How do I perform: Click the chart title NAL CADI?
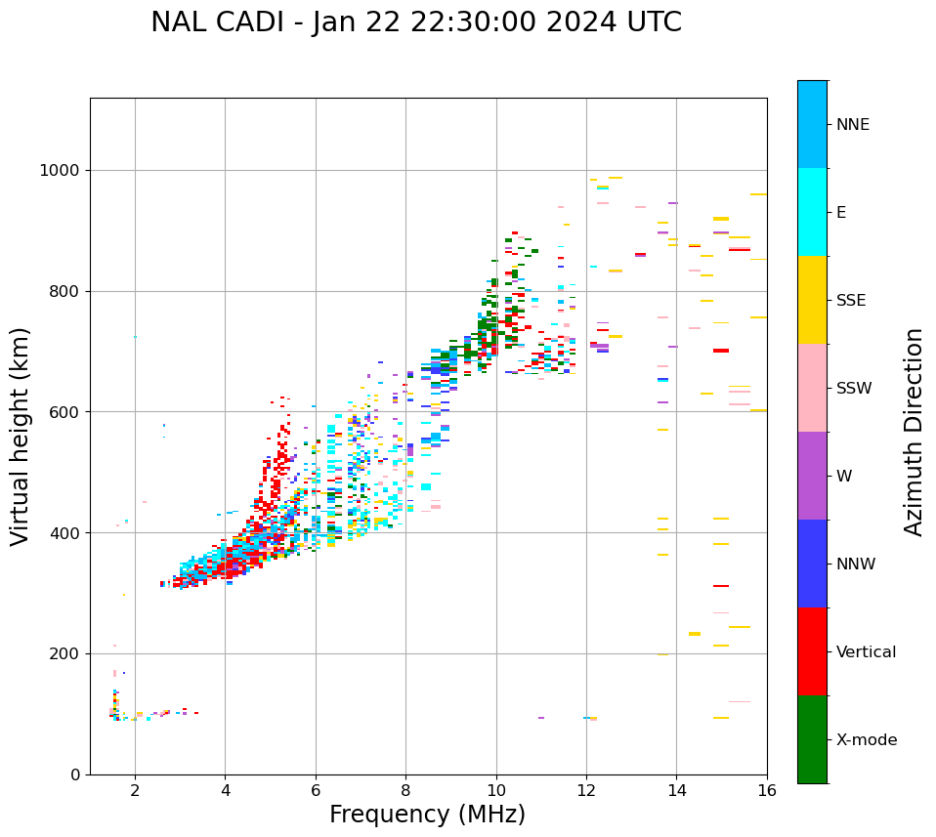click(x=415, y=22)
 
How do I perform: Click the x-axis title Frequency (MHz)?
click(x=427, y=815)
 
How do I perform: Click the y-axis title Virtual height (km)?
click(x=21, y=437)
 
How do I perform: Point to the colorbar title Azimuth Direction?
click(x=914, y=432)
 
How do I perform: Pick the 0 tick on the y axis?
click(x=76, y=774)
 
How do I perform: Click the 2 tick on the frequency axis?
click(x=135, y=789)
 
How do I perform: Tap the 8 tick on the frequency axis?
click(x=405, y=789)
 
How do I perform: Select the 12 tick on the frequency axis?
click(x=586, y=789)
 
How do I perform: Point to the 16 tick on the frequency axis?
click(x=767, y=789)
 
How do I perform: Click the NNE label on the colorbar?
click(x=853, y=125)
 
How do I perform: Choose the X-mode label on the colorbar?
click(x=867, y=740)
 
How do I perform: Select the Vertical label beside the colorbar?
click(x=866, y=652)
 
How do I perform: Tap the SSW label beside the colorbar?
click(x=854, y=389)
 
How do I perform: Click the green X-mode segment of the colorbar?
click(x=812, y=739)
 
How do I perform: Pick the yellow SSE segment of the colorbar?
click(x=812, y=300)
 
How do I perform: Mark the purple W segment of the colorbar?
click(x=812, y=476)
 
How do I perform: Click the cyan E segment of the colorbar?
click(x=812, y=212)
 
